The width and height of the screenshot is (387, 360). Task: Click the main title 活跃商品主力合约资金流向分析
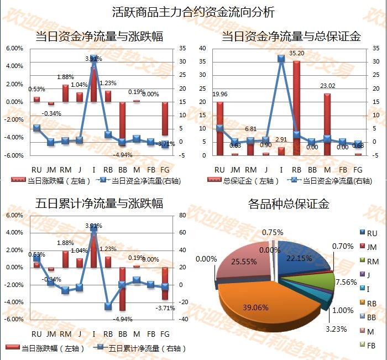click(x=193, y=12)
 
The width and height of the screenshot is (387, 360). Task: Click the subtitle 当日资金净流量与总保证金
click(x=291, y=36)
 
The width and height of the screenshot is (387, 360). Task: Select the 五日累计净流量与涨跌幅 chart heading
click(x=99, y=203)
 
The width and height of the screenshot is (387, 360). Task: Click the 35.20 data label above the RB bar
click(x=297, y=53)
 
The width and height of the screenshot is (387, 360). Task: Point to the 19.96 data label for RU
click(x=220, y=94)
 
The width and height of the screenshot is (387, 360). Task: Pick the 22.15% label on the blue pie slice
click(x=299, y=258)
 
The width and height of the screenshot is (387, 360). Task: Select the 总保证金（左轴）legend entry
click(x=242, y=180)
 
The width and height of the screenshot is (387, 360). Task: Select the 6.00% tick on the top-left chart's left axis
click(x=14, y=48)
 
